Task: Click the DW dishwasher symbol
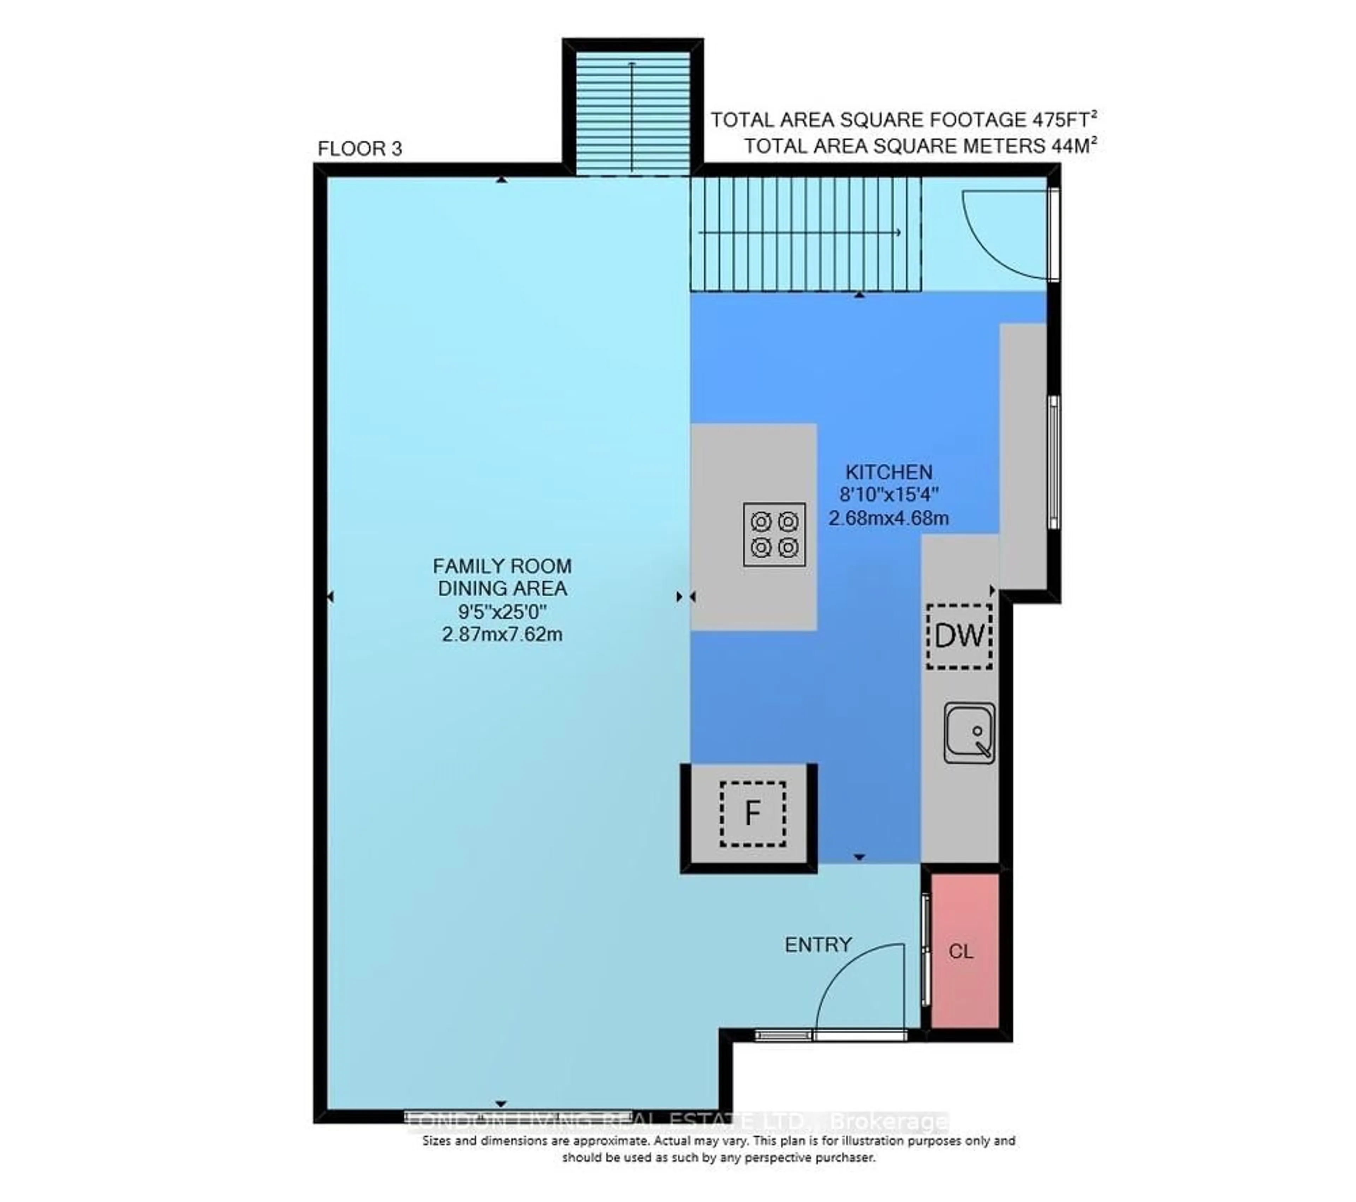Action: point(959,636)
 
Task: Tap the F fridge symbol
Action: point(752,813)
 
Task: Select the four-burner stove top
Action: point(774,534)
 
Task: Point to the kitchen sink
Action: point(969,733)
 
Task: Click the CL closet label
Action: point(961,952)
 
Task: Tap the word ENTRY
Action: point(818,944)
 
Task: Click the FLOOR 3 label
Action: point(359,149)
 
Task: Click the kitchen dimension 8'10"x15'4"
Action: point(888,494)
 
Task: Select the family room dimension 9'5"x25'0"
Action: point(501,611)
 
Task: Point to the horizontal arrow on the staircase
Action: point(799,232)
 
